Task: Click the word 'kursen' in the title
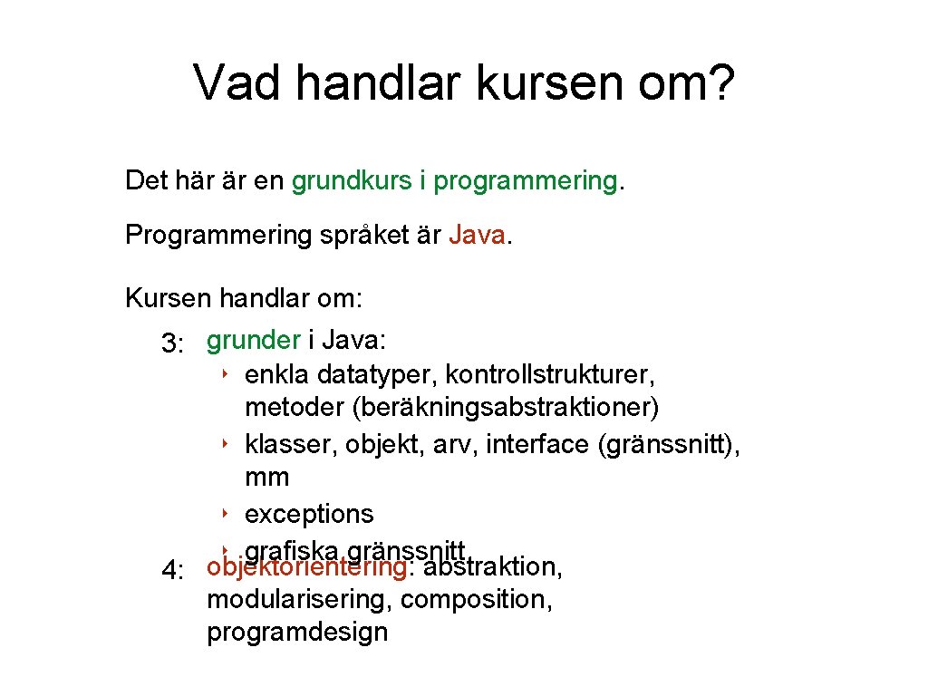(x=531, y=82)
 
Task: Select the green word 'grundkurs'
(x=351, y=180)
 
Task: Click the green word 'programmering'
(x=525, y=181)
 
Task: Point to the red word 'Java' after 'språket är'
(x=477, y=235)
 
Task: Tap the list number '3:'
(x=173, y=343)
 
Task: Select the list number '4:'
(x=173, y=571)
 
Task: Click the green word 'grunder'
(x=254, y=341)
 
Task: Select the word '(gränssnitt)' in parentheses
(x=668, y=444)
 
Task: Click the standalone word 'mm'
(x=266, y=478)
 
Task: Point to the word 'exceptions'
(x=309, y=514)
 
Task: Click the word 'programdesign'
(x=297, y=632)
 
